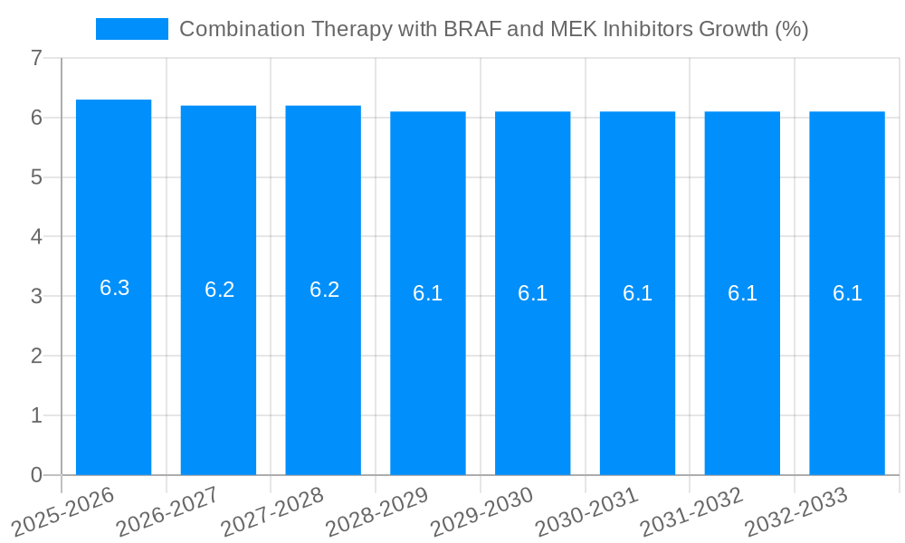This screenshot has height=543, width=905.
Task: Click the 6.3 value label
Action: tap(114, 288)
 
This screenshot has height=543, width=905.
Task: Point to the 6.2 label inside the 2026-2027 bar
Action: tap(219, 290)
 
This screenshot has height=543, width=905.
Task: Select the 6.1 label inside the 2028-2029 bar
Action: tap(427, 293)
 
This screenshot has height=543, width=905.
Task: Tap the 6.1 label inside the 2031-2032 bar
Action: tap(742, 293)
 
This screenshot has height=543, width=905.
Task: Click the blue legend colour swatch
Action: tap(132, 29)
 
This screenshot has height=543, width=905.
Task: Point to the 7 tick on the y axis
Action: tap(36, 59)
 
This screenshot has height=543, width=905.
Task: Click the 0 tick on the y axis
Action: tap(36, 475)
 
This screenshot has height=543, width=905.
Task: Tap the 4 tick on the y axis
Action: tap(36, 237)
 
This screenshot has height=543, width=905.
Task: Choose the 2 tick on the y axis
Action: tap(36, 356)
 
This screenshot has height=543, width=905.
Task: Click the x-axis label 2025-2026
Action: tap(62, 512)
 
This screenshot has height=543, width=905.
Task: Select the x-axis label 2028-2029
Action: tap(376, 512)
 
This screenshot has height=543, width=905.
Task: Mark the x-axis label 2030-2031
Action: tap(586, 512)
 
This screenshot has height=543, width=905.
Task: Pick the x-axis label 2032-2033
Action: tap(795, 512)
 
